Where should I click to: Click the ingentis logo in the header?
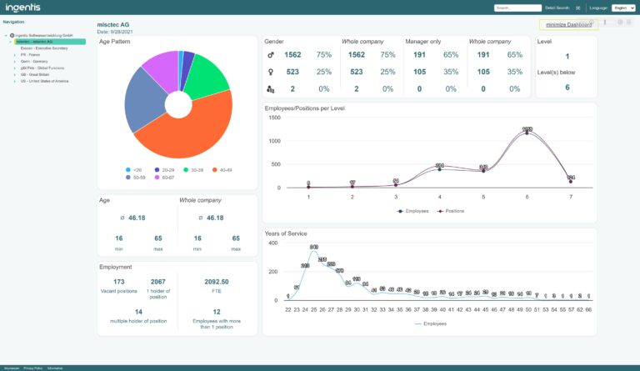pos(25,8)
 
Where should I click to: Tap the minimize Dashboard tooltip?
pos(568,25)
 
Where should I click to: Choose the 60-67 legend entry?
pos(165,177)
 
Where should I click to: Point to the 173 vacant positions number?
pos(119,283)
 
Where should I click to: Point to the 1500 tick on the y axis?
pos(274,117)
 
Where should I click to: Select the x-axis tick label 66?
pos(589,308)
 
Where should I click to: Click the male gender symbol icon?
pos(269,55)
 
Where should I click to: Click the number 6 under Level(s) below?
pos(567,88)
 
